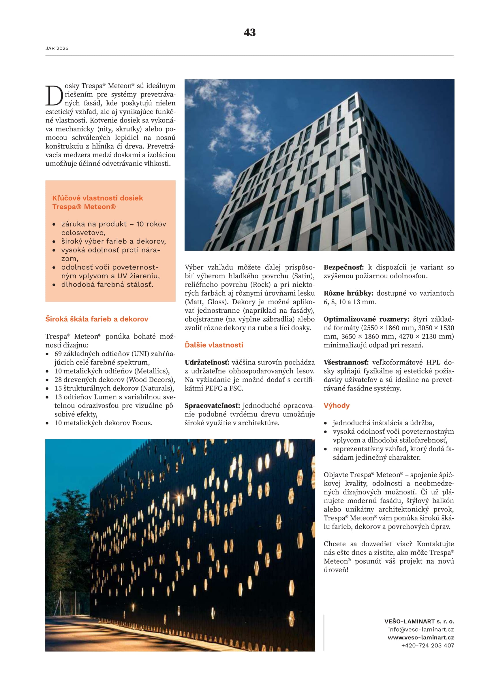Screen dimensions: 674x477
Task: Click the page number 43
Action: (x=250, y=32)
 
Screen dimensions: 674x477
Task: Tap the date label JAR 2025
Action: (x=57, y=48)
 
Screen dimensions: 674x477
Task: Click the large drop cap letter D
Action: (x=54, y=95)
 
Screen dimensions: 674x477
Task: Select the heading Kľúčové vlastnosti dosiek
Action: (x=97, y=198)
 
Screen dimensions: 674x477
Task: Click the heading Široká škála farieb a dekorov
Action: (x=97, y=319)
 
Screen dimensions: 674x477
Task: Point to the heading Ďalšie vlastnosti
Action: (x=214, y=345)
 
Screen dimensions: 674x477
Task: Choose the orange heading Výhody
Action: (x=337, y=406)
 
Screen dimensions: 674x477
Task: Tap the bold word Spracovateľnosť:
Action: (x=212, y=406)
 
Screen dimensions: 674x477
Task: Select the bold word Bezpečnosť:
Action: (x=344, y=267)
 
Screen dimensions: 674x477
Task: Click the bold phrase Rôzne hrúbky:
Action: (x=348, y=293)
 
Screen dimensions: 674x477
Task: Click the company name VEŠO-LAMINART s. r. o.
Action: (x=419, y=622)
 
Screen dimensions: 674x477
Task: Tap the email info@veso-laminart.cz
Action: (x=421, y=629)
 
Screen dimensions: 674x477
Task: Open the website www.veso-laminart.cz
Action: (x=420, y=638)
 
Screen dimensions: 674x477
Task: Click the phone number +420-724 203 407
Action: (x=428, y=645)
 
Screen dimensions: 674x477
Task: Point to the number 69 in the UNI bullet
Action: (x=58, y=354)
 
